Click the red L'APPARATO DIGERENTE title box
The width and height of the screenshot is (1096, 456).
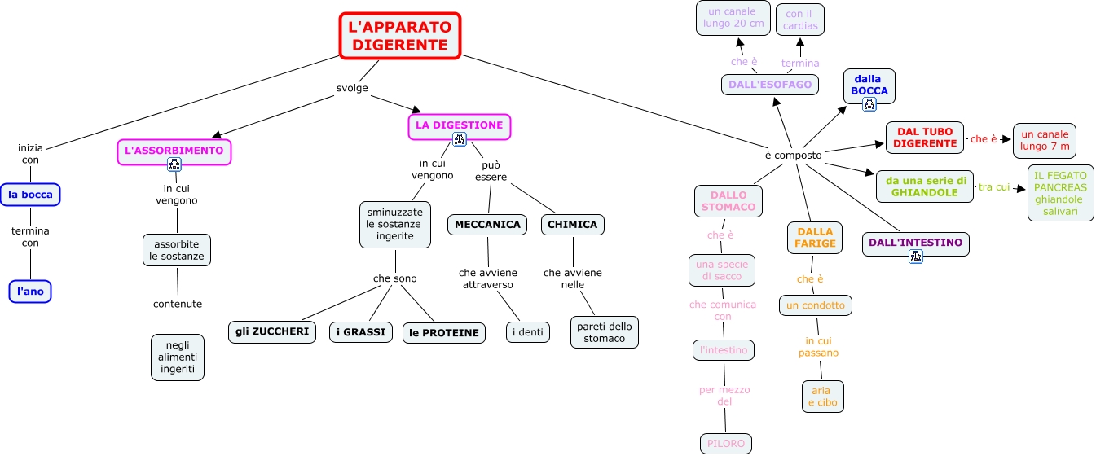pos(400,36)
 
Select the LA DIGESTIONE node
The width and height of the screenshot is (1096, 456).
pos(459,125)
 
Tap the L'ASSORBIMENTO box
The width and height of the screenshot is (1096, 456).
pos(174,151)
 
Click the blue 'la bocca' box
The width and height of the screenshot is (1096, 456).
pos(30,195)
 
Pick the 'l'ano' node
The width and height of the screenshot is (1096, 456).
pos(30,292)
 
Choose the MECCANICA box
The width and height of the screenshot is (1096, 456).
pos(487,225)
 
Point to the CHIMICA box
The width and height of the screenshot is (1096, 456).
pos(572,225)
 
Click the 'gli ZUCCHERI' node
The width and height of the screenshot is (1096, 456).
pos(272,332)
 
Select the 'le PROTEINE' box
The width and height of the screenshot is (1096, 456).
pos(444,333)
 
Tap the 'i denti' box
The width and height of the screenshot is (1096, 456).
pos(527,332)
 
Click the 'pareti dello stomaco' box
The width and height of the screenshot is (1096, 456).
pos(604,332)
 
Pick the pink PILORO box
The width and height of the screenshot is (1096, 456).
pos(724,444)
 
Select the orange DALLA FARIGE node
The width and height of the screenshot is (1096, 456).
pos(815,238)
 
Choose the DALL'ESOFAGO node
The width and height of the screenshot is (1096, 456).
pos(770,85)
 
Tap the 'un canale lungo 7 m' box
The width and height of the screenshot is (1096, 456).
pos(1044,140)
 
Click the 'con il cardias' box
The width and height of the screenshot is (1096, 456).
pos(800,20)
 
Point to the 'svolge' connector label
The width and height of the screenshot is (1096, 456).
pos(352,88)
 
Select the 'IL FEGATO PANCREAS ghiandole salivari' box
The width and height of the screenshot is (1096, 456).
pos(1060,193)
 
